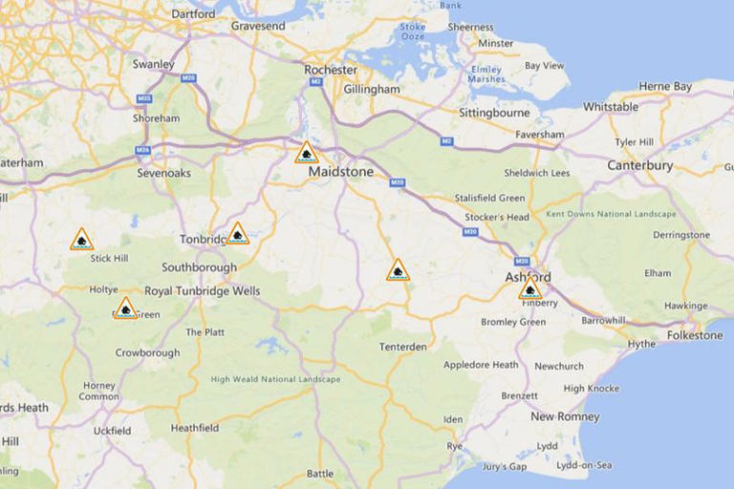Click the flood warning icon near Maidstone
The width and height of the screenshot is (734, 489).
(306, 153)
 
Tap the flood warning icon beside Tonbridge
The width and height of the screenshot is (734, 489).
(238, 234)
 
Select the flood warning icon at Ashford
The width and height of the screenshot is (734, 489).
(529, 289)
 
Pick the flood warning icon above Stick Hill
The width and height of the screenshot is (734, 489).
(82, 240)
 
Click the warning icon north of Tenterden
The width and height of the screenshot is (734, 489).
(398, 270)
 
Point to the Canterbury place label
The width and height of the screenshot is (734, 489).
(640, 165)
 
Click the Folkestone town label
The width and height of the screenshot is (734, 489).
(695, 335)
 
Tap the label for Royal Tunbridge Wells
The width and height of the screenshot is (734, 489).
(202, 291)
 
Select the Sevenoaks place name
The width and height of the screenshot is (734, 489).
(163, 173)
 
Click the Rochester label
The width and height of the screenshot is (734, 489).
(331, 70)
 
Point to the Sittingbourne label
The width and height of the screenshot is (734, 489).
(494, 112)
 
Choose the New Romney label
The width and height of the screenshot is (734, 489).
(565, 416)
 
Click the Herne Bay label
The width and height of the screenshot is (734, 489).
(665, 86)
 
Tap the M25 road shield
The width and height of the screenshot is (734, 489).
(144, 98)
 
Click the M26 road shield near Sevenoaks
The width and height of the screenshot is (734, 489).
(143, 150)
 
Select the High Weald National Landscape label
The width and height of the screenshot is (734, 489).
(275, 379)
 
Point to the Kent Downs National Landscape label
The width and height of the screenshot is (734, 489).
(611, 214)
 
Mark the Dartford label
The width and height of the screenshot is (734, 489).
(193, 14)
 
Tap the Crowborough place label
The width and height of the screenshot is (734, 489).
(147, 352)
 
